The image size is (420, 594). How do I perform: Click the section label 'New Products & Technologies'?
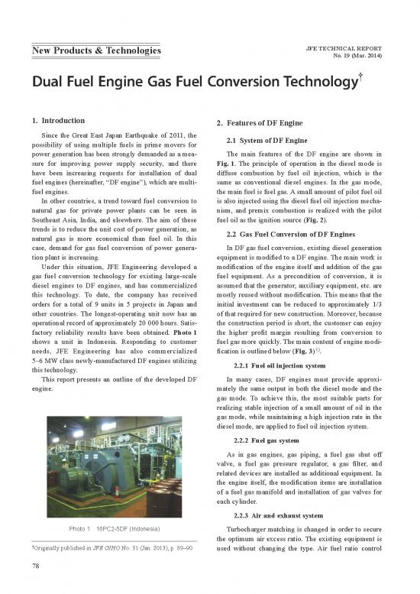95,51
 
